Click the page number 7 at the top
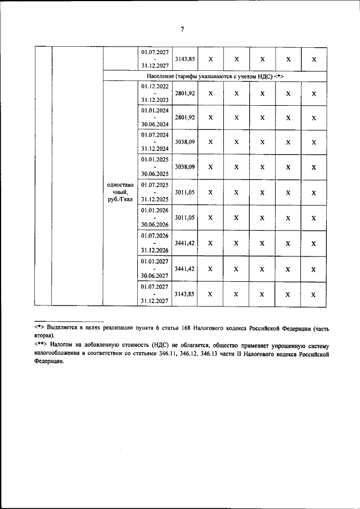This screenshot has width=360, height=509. [182, 30]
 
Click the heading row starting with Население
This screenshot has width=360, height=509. [214, 76]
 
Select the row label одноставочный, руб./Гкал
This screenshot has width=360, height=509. [120, 193]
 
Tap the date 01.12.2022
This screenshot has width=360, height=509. [155, 86]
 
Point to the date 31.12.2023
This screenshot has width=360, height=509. [155, 101]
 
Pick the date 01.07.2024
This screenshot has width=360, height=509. [155, 135]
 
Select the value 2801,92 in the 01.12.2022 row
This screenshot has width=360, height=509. [185, 93]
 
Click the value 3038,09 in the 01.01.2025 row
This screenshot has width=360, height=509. [185, 167]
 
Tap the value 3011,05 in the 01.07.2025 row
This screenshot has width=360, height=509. [185, 192]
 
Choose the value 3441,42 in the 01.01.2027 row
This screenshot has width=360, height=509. [185, 269]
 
